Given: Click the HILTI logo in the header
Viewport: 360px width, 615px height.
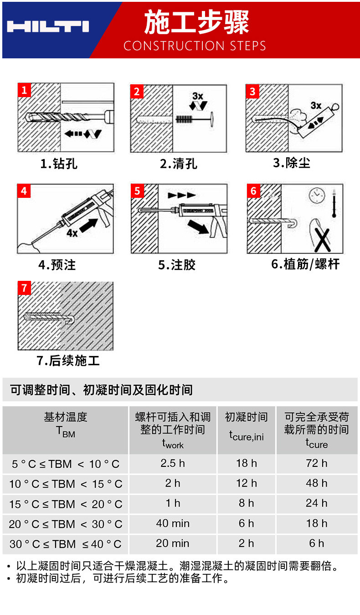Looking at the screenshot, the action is pyautogui.click(x=48, y=26).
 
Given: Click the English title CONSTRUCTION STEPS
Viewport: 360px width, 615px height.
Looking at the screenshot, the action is pyautogui.click(x=195, y=46).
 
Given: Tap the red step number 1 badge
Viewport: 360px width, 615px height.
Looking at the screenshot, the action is pyautogui.click(x=24, y=90).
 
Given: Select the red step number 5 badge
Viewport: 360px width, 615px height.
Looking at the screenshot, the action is pyautogui.click(x=137, y=191).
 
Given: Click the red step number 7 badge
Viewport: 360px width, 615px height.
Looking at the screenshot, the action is pyautogui.click(x=24, y=288).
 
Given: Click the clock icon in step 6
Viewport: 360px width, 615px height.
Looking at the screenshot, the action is pyautogui.click(x=317, y=196).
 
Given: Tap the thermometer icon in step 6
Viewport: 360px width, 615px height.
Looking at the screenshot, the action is pyautogui.click(x=334, y=203).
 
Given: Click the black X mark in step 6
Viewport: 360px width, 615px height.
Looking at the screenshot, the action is pyautogui.click(x=323, y=240).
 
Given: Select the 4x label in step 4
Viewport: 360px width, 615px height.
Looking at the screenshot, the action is pyautogui.click(x=72, y=233).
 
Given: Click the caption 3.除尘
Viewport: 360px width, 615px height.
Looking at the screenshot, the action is pyautogui.click(x=291, y=163).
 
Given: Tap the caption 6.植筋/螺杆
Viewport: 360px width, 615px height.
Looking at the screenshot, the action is pyautogui.click(x=305, y=264).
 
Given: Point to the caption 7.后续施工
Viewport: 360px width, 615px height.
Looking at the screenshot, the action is pyautogui.click(x=68, y=361).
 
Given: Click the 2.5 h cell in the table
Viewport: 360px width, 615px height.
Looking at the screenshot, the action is pyautogui.click(x=173, y=464).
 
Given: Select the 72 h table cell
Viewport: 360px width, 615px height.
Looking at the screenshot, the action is pyautogui.click(x=317, y=464).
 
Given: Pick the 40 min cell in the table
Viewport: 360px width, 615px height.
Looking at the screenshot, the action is pyautogui.click(x=173, y=523).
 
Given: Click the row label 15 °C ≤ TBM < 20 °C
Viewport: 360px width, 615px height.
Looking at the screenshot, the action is pyautogui.click(x=66, y=504).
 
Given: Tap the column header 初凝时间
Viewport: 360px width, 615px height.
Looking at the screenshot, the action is pyautogui.click(x=246, y=417).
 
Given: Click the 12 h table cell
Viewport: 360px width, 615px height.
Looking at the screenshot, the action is pyautogui.click(x=247, y=484).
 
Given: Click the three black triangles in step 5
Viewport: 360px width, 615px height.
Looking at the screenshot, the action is pyautogui.click(x=182, y=195).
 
